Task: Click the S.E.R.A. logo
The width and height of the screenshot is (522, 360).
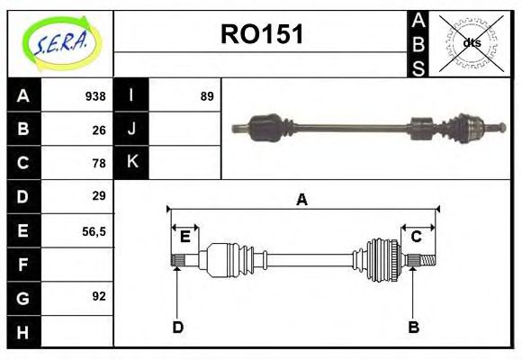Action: [x=59, y=43]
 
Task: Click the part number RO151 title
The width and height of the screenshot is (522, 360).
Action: [x=262, y=34]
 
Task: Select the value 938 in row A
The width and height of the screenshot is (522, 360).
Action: [x=95, y=96]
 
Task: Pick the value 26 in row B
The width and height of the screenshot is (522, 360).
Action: [x=99, y=130]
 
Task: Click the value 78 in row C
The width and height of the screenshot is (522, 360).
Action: [x=99, y=163]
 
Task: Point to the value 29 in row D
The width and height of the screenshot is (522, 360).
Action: [x=99, y=196]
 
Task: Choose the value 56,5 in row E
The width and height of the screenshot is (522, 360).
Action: [x=94, y=230]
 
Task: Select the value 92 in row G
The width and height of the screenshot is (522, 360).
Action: [x=99, y=296]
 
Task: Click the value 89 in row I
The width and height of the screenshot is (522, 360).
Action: [x=207, y=96]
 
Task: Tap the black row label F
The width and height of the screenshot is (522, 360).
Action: [x=23, y=264]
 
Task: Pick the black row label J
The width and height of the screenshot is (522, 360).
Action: [x=131, y=130]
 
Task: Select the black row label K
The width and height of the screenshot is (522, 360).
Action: [x=131, y=163]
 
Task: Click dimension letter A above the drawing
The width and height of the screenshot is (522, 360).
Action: [x=301, y=200]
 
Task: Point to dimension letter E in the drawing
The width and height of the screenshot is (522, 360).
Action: [x=184, y=237]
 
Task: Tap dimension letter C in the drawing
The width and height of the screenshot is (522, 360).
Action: [x=416, y=237]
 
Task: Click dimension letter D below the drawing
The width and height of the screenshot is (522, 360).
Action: [x=177, y=327]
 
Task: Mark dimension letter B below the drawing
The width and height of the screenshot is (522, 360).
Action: [x=413, y=327]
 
